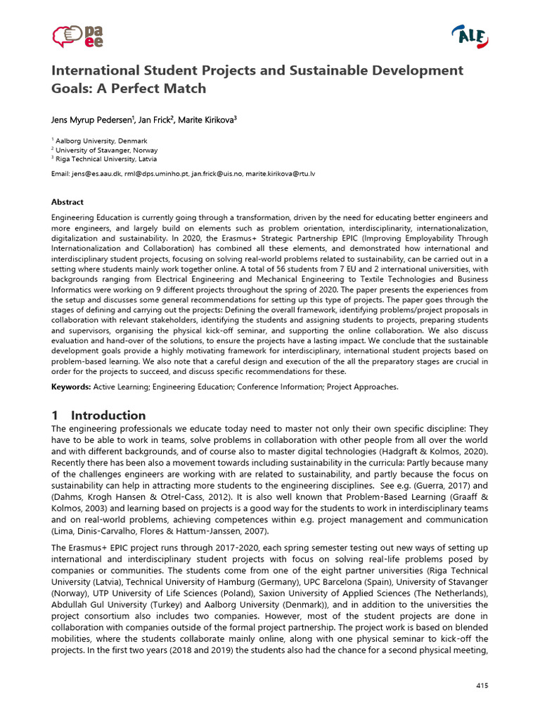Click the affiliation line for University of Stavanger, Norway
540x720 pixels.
106,150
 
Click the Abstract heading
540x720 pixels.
67,202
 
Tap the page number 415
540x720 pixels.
482,685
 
